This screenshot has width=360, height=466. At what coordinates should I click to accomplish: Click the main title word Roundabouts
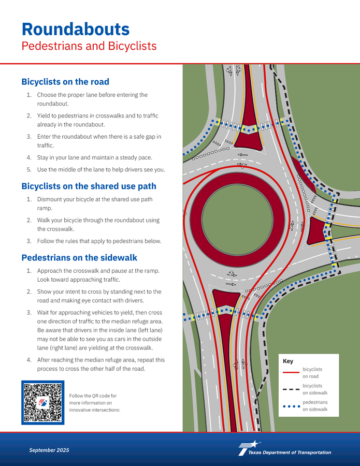(75, 28)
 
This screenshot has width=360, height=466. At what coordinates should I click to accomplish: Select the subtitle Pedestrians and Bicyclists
(89, 46)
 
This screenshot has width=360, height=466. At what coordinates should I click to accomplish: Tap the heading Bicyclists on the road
(65, 82)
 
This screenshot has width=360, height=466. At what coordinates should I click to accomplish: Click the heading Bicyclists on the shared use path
(89, 186)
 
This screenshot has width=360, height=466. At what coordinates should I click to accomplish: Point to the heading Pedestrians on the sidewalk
(79, 257)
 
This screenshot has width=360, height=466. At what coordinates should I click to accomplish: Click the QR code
(42, 402)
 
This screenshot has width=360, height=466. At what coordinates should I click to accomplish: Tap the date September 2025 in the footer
(49, 450)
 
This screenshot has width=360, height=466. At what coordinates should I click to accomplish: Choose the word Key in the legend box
(288, 361)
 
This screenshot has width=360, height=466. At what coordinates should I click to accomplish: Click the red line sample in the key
(291, 372)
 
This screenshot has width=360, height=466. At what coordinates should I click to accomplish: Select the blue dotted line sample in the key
(291, 406)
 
